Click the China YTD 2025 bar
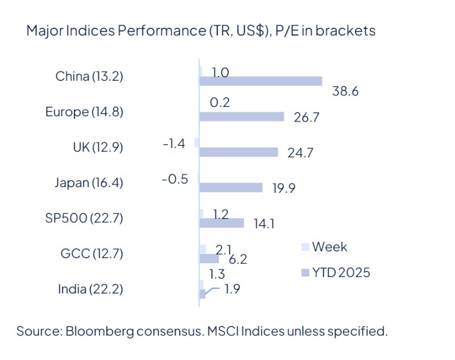260,81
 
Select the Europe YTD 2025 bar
242,117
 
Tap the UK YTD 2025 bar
238,152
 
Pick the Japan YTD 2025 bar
231,188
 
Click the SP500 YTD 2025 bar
222,223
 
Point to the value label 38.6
345,91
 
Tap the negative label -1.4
174,143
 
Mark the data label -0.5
175,179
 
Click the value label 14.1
263,224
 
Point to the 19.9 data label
284,188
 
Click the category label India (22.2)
90,289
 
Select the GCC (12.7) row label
92,254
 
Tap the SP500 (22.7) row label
84,218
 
